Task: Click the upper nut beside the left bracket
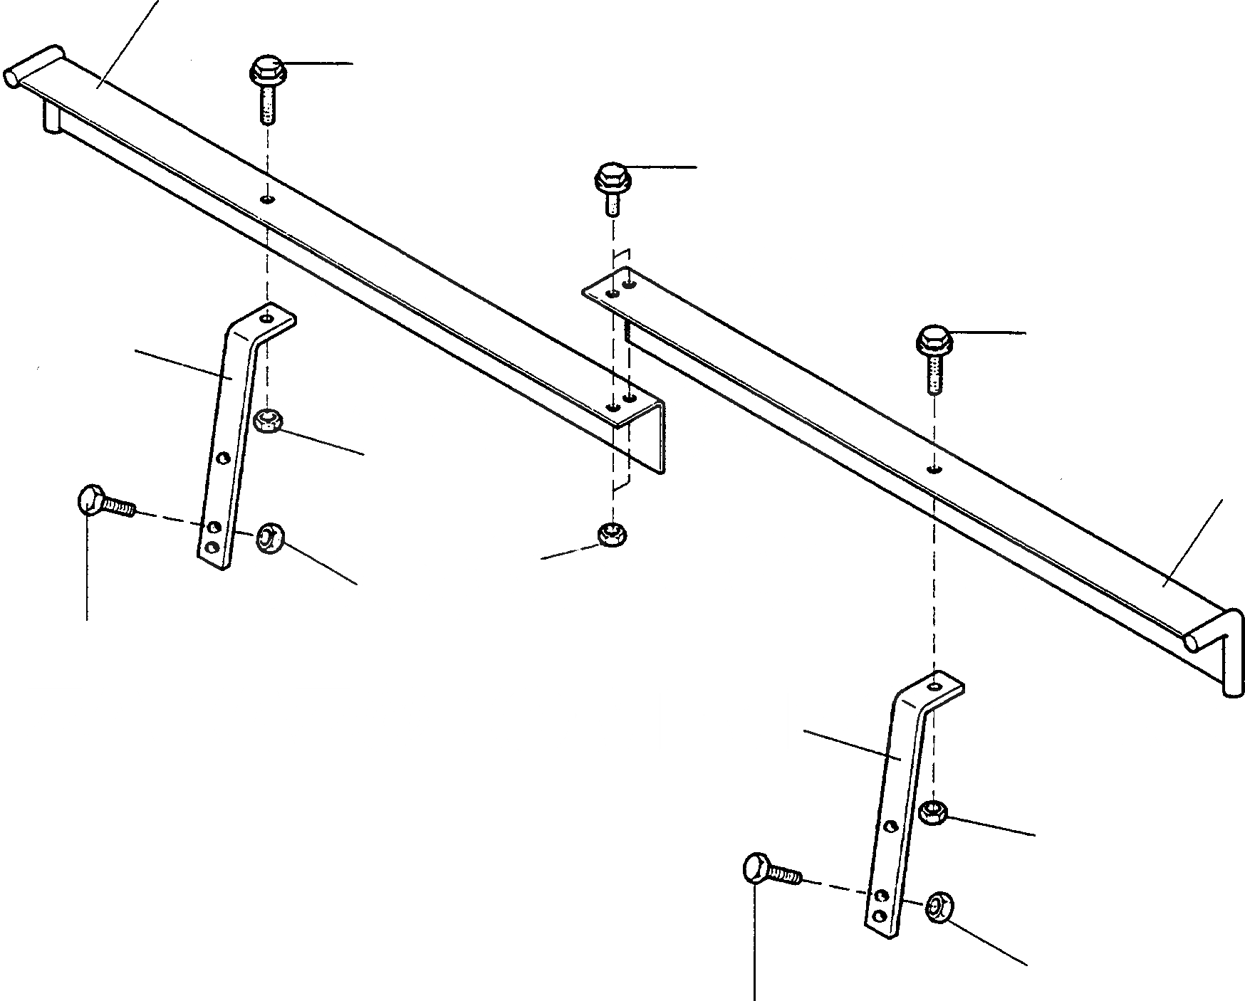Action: pos(268,422)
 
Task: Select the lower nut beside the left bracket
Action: pos(269,538)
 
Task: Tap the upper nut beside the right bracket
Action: pos(933,812)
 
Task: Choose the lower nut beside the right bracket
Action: pos(938,908)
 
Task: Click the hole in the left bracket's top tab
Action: pos(266,318)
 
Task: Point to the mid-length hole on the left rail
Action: pos(266,200)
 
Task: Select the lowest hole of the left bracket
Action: pos(211,547)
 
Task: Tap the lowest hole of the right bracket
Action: pos(880,915)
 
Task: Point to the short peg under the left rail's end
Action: pos(50,118)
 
